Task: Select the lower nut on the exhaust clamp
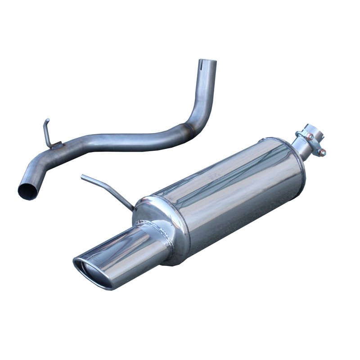pos(322,153)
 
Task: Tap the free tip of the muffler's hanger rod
pos(83,177)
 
